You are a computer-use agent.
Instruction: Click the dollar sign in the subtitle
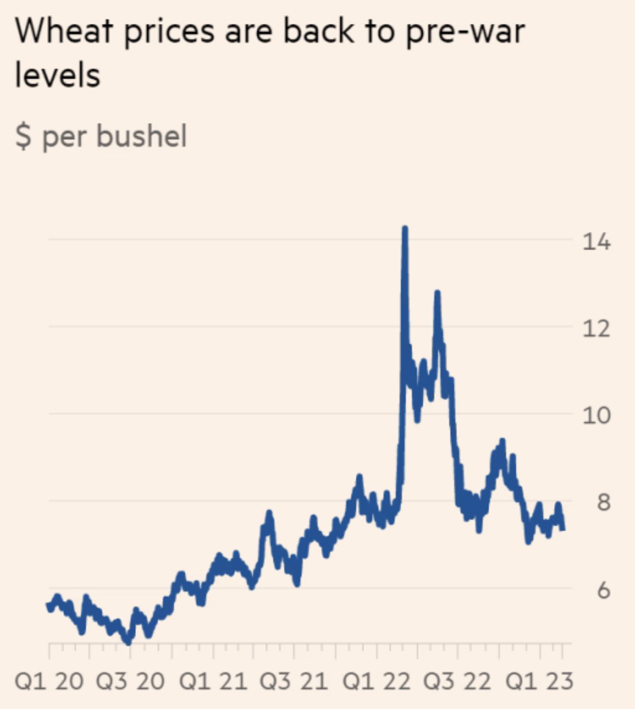23,136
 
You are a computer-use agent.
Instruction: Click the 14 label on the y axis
596,241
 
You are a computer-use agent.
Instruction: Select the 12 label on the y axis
596,328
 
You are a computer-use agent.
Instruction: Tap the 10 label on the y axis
596,415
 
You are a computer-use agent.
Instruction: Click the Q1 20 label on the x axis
49,681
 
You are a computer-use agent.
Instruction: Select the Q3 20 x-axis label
130,681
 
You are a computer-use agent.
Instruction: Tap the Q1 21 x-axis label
213,681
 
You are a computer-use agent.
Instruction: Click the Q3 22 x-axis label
458,681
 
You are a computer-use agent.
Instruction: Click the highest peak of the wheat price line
404,229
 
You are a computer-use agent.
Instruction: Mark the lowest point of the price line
128,642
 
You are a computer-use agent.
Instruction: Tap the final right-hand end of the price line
562,528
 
